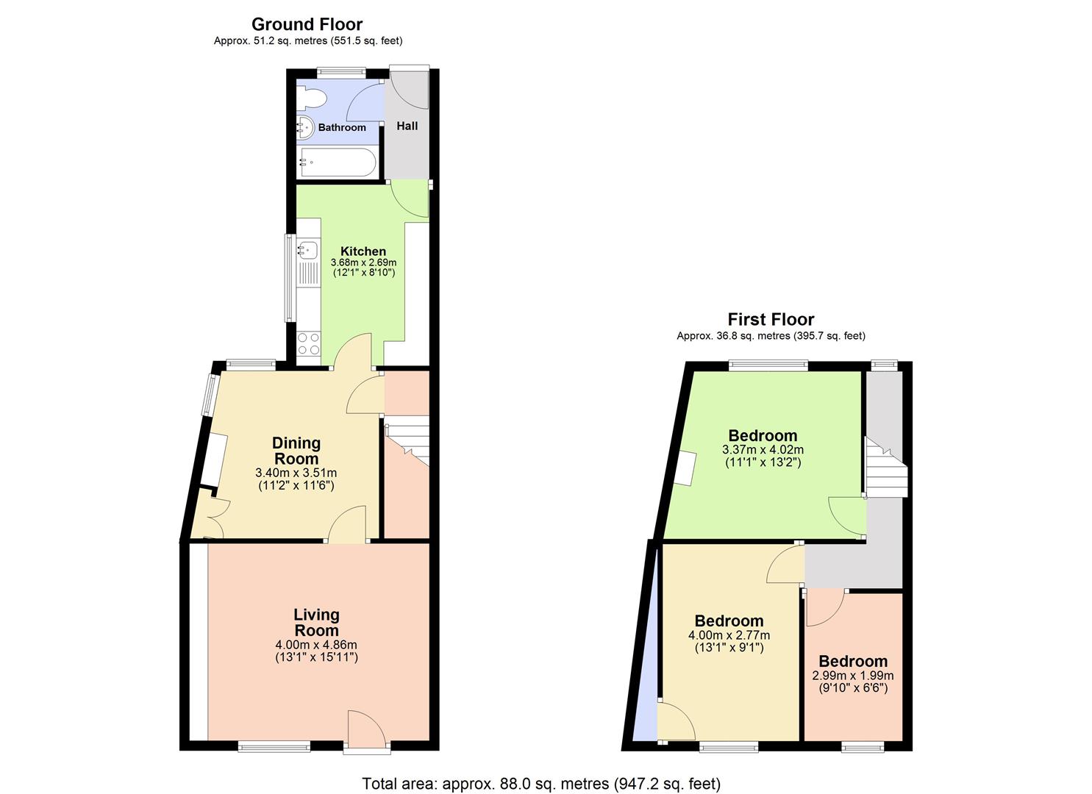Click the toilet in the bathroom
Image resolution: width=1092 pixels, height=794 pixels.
click(x=310, y=99)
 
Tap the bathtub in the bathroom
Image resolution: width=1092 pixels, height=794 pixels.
click(x=338, y=162)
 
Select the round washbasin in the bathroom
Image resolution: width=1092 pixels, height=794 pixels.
click(x=305, y=127)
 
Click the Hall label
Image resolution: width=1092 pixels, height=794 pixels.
click(x=407, y=126)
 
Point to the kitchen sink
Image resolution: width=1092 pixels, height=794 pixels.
click(x=307, y=250)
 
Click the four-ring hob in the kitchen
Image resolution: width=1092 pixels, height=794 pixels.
click(x=308, y=344)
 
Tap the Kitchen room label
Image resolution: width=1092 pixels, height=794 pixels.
click(x=363, y=251)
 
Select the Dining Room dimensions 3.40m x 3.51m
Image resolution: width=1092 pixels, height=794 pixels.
click(x=296, y=473)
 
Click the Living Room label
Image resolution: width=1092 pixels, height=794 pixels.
click(x=316, y=622)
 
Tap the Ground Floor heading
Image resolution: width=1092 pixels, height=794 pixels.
click(x=307, y=24)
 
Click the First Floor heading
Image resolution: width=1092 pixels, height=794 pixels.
click(x=771, y=319)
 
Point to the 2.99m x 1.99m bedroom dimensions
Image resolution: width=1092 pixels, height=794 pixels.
click(x=853, y=676)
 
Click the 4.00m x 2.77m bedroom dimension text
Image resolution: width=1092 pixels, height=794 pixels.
click(x=729, y=635)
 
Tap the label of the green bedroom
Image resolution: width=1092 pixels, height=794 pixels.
click(x=763, y=435)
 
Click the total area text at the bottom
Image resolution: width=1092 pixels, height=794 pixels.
click(x=541, y=784)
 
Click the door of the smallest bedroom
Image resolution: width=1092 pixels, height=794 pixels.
click(x=824, y=607)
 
